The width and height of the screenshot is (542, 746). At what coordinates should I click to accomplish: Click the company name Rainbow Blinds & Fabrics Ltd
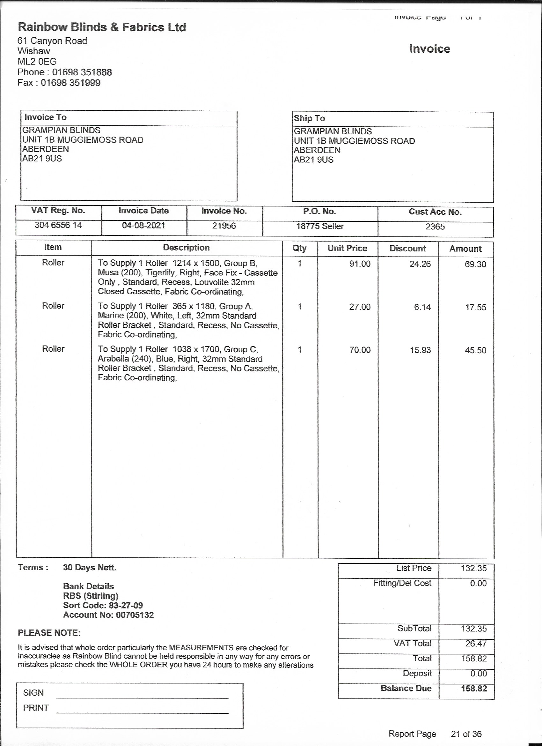point(102,27)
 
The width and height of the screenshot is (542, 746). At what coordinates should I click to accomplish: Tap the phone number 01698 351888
point(82,72)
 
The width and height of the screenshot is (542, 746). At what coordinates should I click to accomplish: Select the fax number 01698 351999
point(70,83)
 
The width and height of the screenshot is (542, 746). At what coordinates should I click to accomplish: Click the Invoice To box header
point(45,117)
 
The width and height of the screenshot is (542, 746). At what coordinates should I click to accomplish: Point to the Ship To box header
point(309,118)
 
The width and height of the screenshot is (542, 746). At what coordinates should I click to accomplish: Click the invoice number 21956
point(224,226)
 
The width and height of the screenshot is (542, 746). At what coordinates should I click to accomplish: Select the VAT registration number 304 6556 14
point(58,225)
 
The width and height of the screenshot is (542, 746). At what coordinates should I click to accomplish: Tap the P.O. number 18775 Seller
point(320,226)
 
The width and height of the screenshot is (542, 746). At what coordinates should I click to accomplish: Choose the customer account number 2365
point(435,227)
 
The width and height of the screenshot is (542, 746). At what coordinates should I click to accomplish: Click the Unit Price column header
point(347,248)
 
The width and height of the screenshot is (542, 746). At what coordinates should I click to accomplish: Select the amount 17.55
point(475,307)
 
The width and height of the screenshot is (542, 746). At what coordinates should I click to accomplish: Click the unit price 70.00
point(360,350)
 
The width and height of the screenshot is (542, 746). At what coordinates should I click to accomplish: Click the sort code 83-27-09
point(126,606)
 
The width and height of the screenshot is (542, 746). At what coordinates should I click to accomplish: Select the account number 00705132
point(135,615)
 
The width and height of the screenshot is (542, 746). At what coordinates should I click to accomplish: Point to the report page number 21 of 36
point(466,734)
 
